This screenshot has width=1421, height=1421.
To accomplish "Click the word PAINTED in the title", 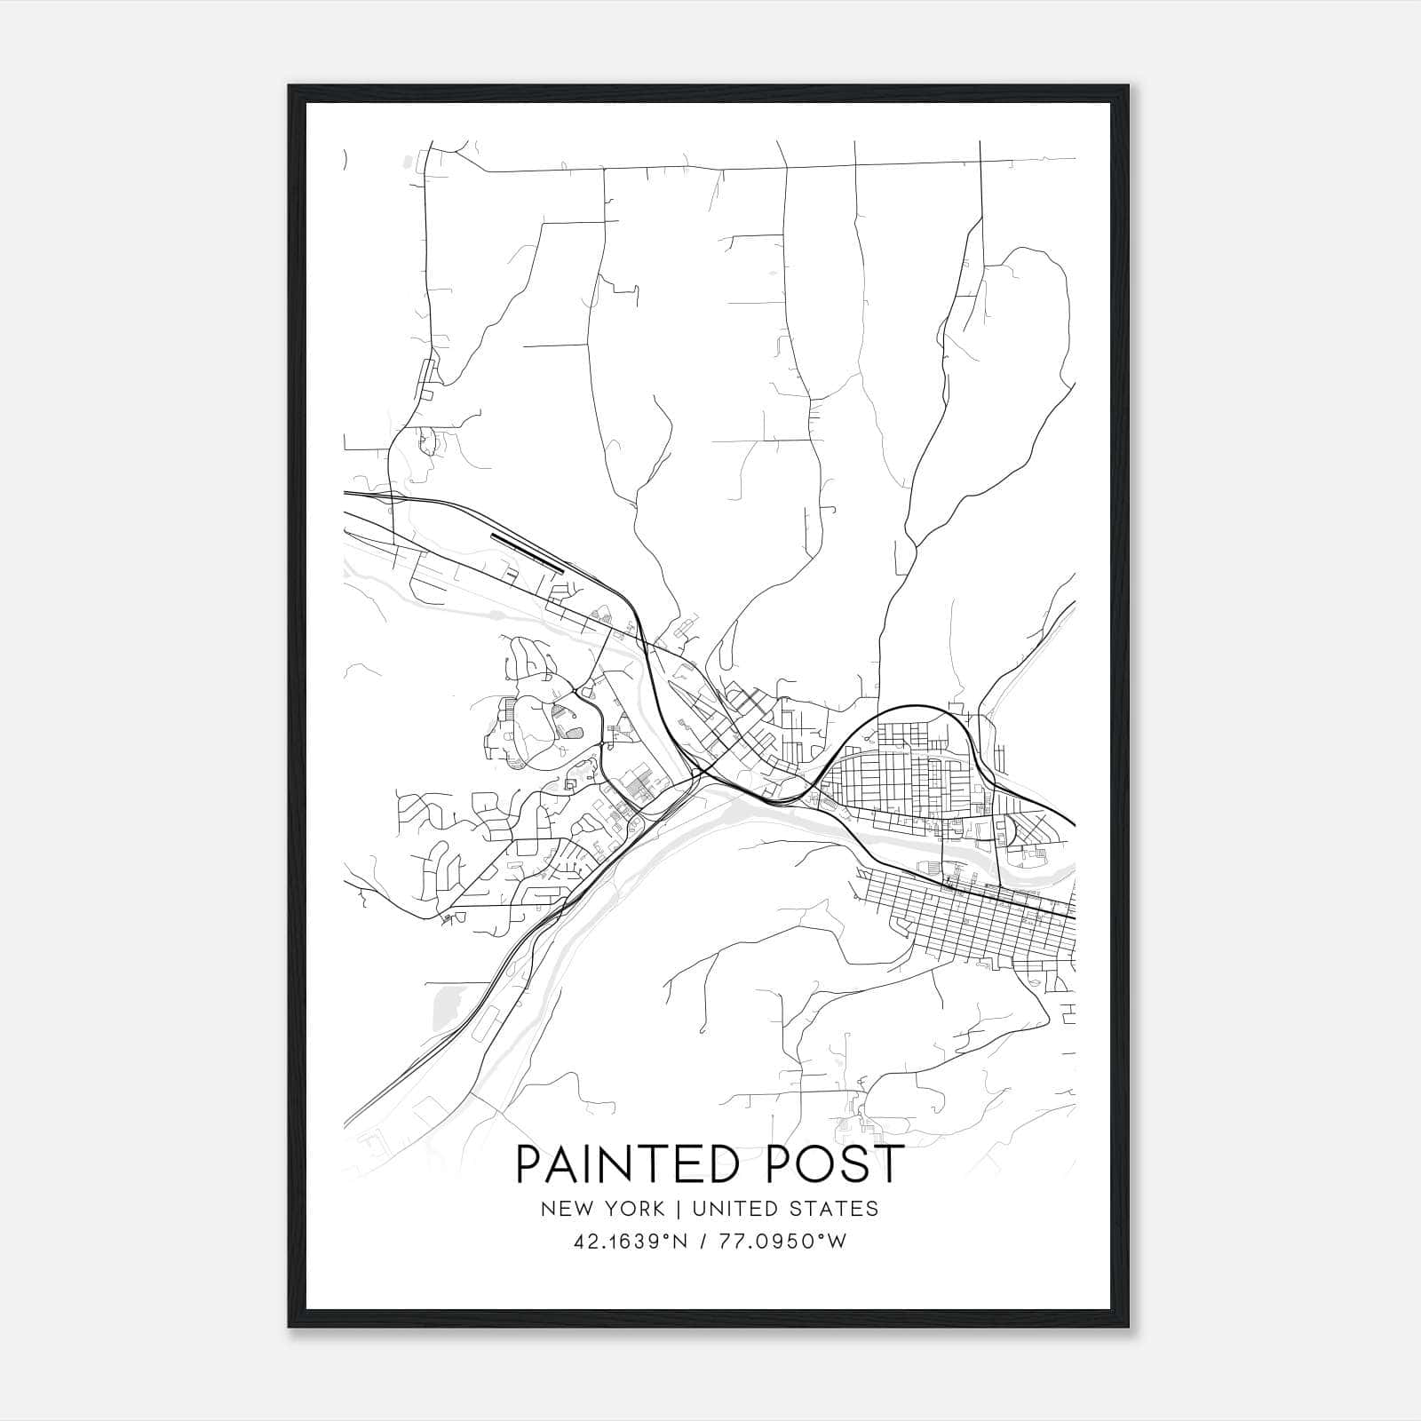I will (x=614, y=1163).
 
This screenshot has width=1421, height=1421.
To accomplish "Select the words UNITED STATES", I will (x=785, y=1209).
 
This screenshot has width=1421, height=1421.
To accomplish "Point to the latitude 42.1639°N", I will (x=631, y=1242).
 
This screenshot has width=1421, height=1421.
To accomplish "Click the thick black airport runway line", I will (x=528, y=552).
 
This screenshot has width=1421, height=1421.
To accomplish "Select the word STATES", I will (x=836, y=1209).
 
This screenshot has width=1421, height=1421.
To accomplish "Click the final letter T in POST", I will (x=887, y=1163).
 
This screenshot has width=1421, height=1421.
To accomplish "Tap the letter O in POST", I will (x=797, y=1163).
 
